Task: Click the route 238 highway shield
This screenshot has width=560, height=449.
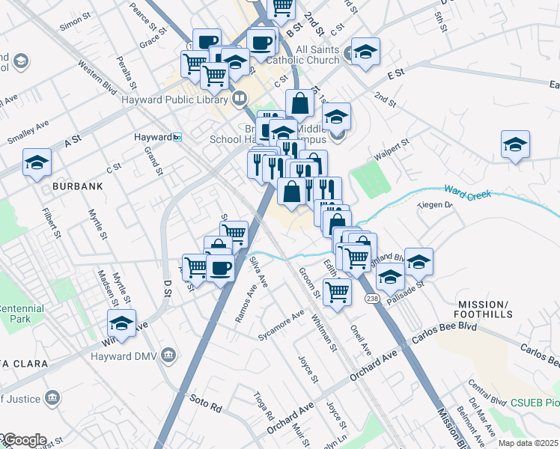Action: [372, 299]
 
